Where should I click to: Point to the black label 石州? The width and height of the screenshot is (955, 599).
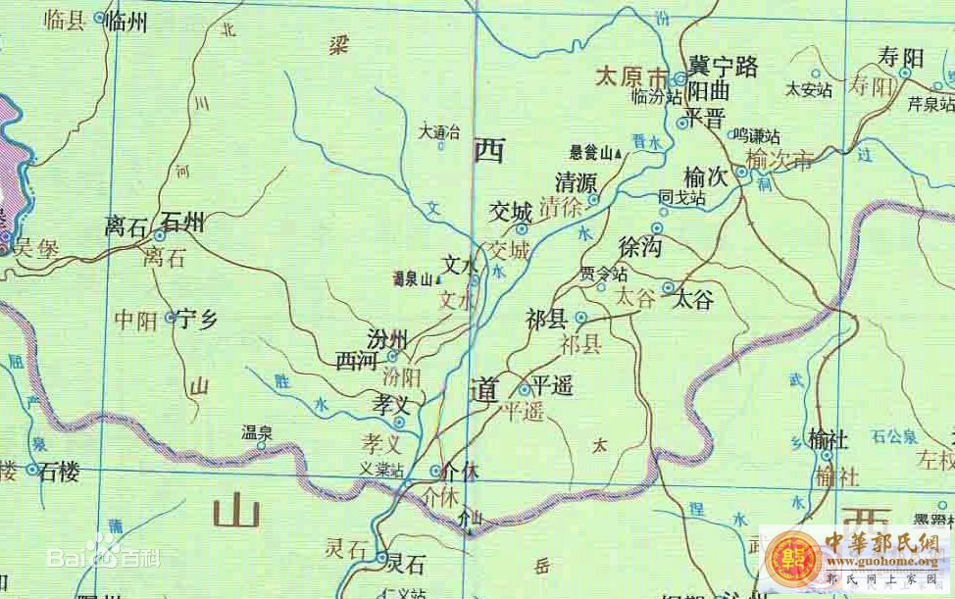pyautogui.click(x=182, y=223)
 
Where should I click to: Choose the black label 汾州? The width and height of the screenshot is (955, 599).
pyautogui.click(x=387, y=339)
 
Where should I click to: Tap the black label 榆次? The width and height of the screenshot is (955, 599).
pyautogui.click(x=706, y=177)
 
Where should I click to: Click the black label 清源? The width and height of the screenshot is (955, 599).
pyautogui.click(x=576, y=182)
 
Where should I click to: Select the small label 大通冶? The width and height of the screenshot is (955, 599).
pyautogui.click(x=438, y=129)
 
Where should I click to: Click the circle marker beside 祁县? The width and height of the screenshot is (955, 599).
pyautogui.click(x=580, y=318)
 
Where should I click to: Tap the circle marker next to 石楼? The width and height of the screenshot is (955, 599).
pyautogui.click(x=32, y=471)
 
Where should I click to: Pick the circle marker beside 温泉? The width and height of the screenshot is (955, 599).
pyautogui.click(x=261, y=446)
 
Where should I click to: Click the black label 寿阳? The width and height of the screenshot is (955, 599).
pyautogui.click(x=900, y=58)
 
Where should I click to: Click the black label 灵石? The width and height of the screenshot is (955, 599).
pyautogui.click(x=406, y=564)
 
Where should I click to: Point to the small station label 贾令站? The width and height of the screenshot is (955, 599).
pyautogui.click(x=602, y=273)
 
